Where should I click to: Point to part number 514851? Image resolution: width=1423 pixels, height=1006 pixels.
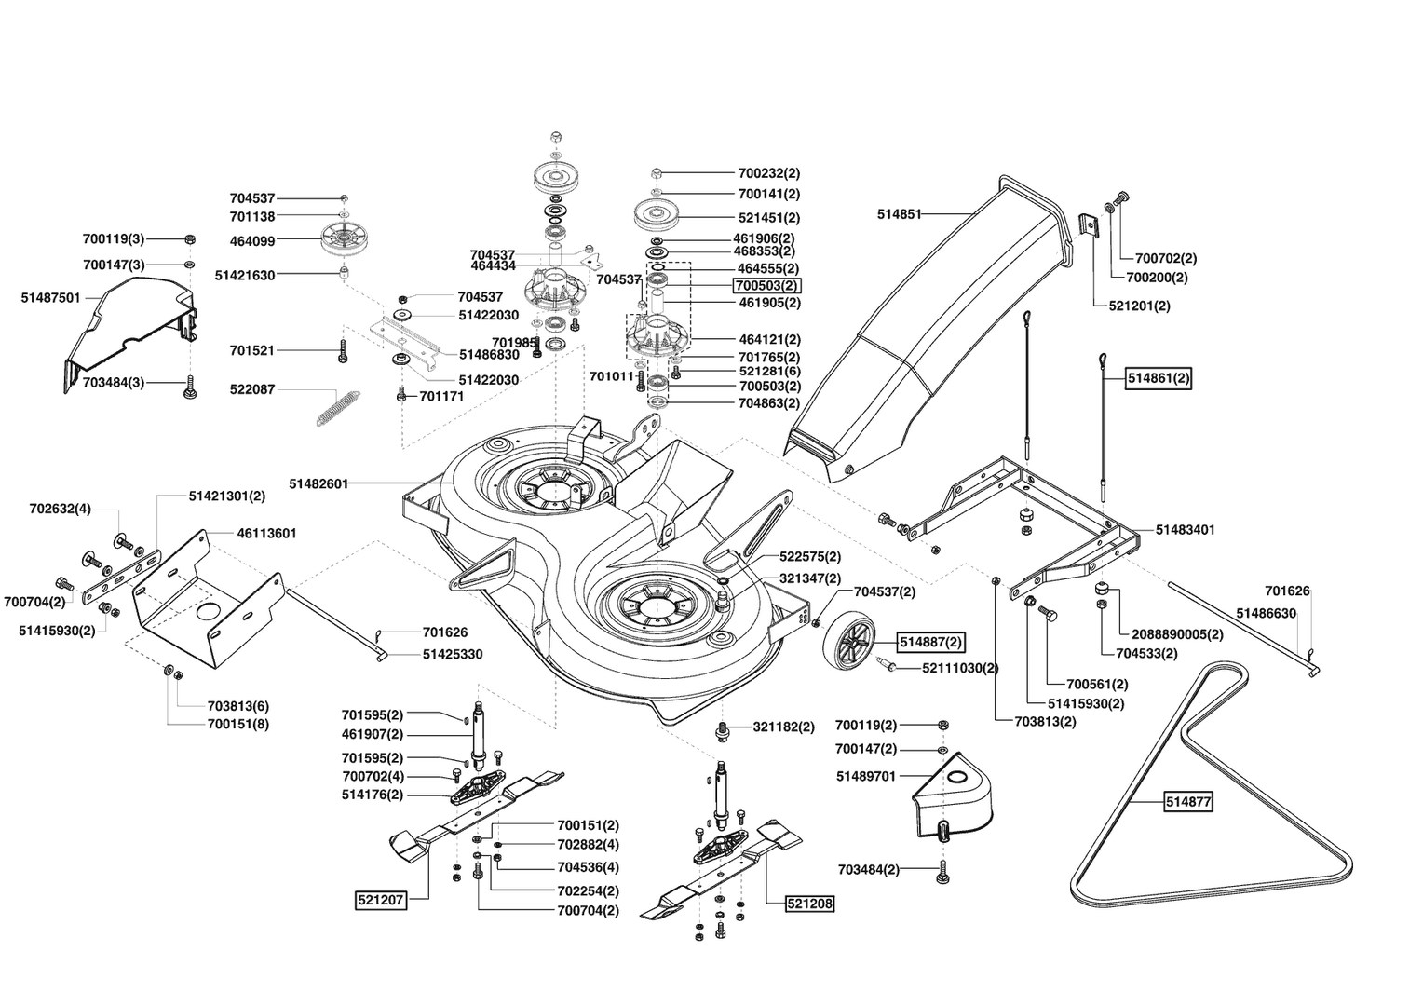click(x=899, y=214)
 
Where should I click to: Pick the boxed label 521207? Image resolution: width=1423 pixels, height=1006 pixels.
click(x=381, y=901)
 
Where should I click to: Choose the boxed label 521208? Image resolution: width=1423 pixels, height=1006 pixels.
click(x=810, y=904)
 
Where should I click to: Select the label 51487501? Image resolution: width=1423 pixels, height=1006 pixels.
click(x=50, y=298)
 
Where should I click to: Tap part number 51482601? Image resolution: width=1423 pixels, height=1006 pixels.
click(x=318, y=483)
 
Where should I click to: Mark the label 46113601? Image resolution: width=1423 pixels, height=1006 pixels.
click(x=266, y=534)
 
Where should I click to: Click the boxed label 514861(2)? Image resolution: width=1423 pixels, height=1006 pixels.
click(x=1159, y=379)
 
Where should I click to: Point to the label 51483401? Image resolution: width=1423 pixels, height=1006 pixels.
click(x=1185, y=530)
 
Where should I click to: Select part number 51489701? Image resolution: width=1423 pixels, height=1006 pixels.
click(x=865, y=776)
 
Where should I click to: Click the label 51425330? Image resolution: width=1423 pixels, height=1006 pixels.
click(x=453, y=655)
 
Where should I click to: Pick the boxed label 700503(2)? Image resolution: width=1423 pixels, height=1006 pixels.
click(x=767, y=285)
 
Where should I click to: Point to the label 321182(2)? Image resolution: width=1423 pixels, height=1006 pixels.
click(x=783, y=727)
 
